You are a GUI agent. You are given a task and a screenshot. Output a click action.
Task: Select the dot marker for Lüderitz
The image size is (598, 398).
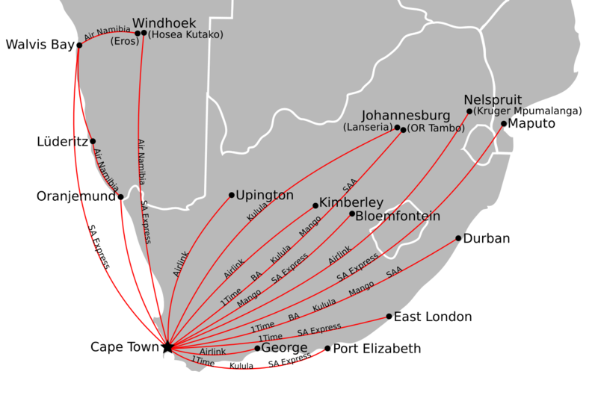click(93, 141)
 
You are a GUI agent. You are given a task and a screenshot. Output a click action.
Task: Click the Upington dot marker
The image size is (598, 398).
click(232, 195)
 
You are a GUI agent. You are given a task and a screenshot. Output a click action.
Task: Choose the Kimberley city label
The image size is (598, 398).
click(351, 202)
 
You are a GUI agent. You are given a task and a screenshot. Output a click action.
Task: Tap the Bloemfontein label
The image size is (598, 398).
click(398, 217)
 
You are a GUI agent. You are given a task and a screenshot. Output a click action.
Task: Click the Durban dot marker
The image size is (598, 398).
click(458, 239)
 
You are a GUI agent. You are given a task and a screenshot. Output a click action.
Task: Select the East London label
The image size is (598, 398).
click(433, 317)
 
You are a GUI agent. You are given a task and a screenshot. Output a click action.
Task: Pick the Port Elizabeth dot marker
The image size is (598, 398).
click(327, 348)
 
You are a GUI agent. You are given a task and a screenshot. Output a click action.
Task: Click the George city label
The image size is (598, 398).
click(285, 348)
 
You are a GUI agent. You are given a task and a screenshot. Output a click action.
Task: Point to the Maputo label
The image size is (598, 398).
click(531, 124)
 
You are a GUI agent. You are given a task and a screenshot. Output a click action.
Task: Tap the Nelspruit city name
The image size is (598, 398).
click(493, 99)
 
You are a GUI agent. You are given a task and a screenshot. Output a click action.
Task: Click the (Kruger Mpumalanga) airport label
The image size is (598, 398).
click(528, 111)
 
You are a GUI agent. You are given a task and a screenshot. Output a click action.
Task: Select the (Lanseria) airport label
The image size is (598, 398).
click(368, 128)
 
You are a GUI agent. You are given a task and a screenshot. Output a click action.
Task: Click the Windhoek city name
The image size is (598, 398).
click(164, 23)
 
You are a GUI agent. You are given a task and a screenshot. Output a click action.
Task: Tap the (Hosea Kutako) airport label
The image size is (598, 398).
click(185, 34)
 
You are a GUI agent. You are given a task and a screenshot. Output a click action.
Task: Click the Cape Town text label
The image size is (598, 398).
click(124, 347)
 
